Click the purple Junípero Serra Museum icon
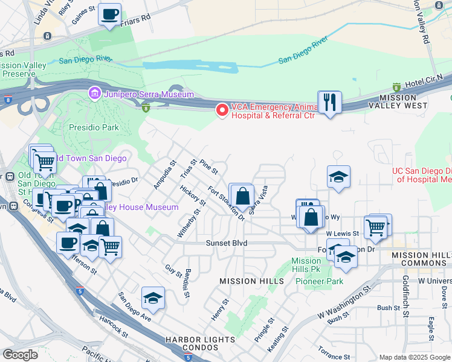[94, 94]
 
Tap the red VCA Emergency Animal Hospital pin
[222, 110]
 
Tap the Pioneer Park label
[325, 281]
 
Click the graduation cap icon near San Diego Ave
[153, 298]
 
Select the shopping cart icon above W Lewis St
[375, 227]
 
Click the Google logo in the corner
[20, 355]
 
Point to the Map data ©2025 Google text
[413, 357]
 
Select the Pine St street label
[208, 167]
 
